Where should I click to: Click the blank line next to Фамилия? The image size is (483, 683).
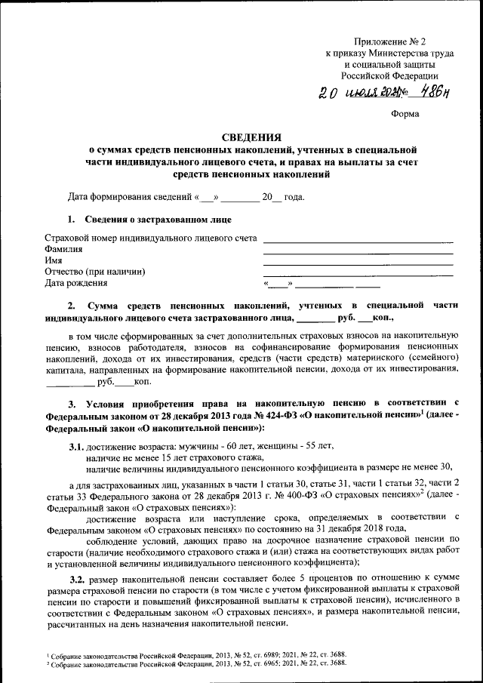tap(358, 252)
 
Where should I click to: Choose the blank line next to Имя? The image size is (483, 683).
tap(358, 263)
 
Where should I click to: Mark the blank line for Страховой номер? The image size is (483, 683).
tap(358, 241)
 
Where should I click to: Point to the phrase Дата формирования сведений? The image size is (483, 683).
tap(129, 198)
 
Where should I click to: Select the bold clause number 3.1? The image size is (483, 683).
tap(76, 447)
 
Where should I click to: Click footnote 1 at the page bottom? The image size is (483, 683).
tap(196, 655)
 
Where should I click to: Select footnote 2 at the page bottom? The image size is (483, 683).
tap(196, 663)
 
